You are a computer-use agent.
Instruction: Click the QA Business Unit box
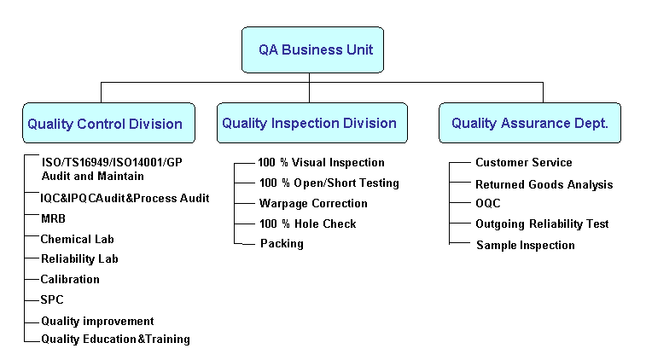[x=312, y=49]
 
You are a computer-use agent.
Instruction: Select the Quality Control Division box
[x=108, y=123]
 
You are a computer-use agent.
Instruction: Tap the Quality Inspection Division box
[x=312, y=123]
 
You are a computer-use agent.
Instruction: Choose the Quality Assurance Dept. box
[x=530, y=123]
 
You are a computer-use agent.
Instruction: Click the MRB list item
[x=53, y=218]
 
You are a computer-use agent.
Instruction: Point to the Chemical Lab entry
[x=77, y=239]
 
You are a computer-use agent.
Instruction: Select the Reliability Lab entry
[x=79, y=258]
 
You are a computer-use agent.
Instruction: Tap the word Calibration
[x=70, y=279]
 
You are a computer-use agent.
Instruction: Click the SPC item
[x=52, y=299]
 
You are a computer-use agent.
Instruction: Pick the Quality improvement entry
[x=97, y=321]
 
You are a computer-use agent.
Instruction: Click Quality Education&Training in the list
[x=115, y=339]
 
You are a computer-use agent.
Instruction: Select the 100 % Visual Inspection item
[x=321, y=163]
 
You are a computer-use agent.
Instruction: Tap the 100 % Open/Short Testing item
[x=329, y=183]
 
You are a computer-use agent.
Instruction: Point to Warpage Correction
[x=313, y=204]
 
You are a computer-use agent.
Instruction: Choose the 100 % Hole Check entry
[x=308, y=224]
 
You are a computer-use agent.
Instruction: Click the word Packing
[x=282, y=243]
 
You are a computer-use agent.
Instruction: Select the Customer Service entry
[x=524, y=162]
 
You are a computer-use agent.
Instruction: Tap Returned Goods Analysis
[x=544, y=184]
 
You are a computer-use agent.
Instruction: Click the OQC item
[x=488, y=203]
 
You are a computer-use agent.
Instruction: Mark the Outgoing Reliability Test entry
[x=542, y=224]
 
